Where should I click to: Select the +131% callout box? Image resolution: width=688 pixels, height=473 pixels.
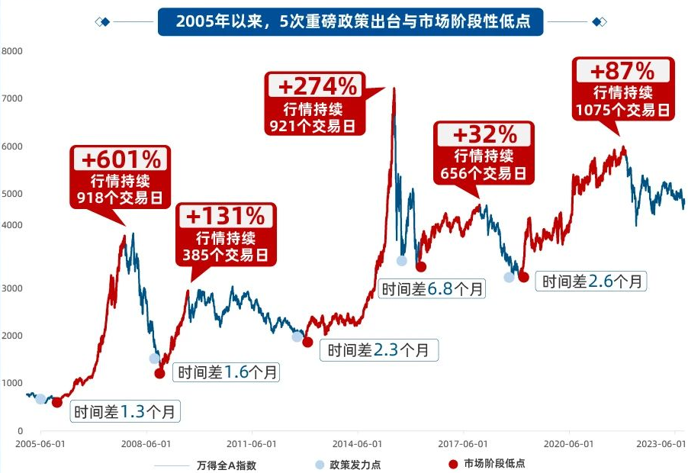pyautogui.click(x=225, y=233)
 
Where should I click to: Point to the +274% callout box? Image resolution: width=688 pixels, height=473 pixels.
pyautogui.click(x=313, y=103)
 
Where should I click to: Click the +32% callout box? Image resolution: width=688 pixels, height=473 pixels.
pyautogui.click(x=484, y=153)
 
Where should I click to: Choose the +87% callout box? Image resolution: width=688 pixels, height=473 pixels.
pyautogui.click(x=622, y=89)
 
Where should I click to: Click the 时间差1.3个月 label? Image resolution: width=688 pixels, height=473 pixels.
pyautogui.click(x=127, y=412)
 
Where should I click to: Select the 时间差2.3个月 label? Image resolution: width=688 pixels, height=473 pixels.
pyautogui.click(x=383, y=350)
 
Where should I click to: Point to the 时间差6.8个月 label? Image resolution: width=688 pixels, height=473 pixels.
pyautogui.click(x=432, y=289)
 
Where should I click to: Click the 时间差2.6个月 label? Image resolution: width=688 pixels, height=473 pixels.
pyautogui.click(x=593, y=281)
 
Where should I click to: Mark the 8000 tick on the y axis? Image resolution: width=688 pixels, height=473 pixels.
pyautogui.click(x=13, y=52)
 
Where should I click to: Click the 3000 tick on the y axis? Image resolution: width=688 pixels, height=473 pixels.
pyautogui.click(x=13, y=288)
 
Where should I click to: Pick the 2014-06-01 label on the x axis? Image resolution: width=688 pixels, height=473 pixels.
pyautogui.click(x=356, y=443)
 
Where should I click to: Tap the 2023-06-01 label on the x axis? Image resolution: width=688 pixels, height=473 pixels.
pyautogui.click(x=661, y=443)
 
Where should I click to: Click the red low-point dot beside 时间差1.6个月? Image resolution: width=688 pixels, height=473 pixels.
pyautogui.click(x=159, y=373)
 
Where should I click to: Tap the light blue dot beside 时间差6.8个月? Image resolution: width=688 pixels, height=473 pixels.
pyautogui.click(x=402, y=261)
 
